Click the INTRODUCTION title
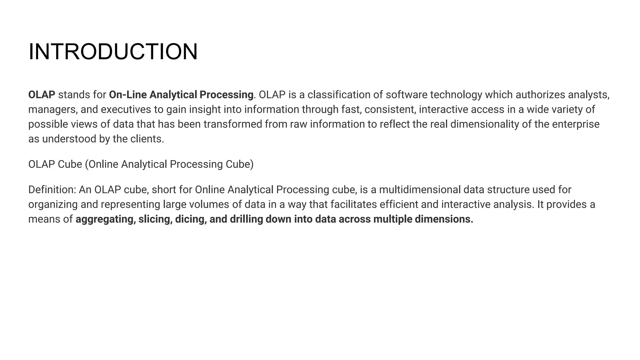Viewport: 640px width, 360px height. [x=113, y=52]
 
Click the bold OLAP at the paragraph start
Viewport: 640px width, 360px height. [x=42, y=95]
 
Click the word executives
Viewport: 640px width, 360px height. [x=127, y=109]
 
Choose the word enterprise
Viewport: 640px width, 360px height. [x=576, y=124]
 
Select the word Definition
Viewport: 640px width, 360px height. [x=52, y=190]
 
